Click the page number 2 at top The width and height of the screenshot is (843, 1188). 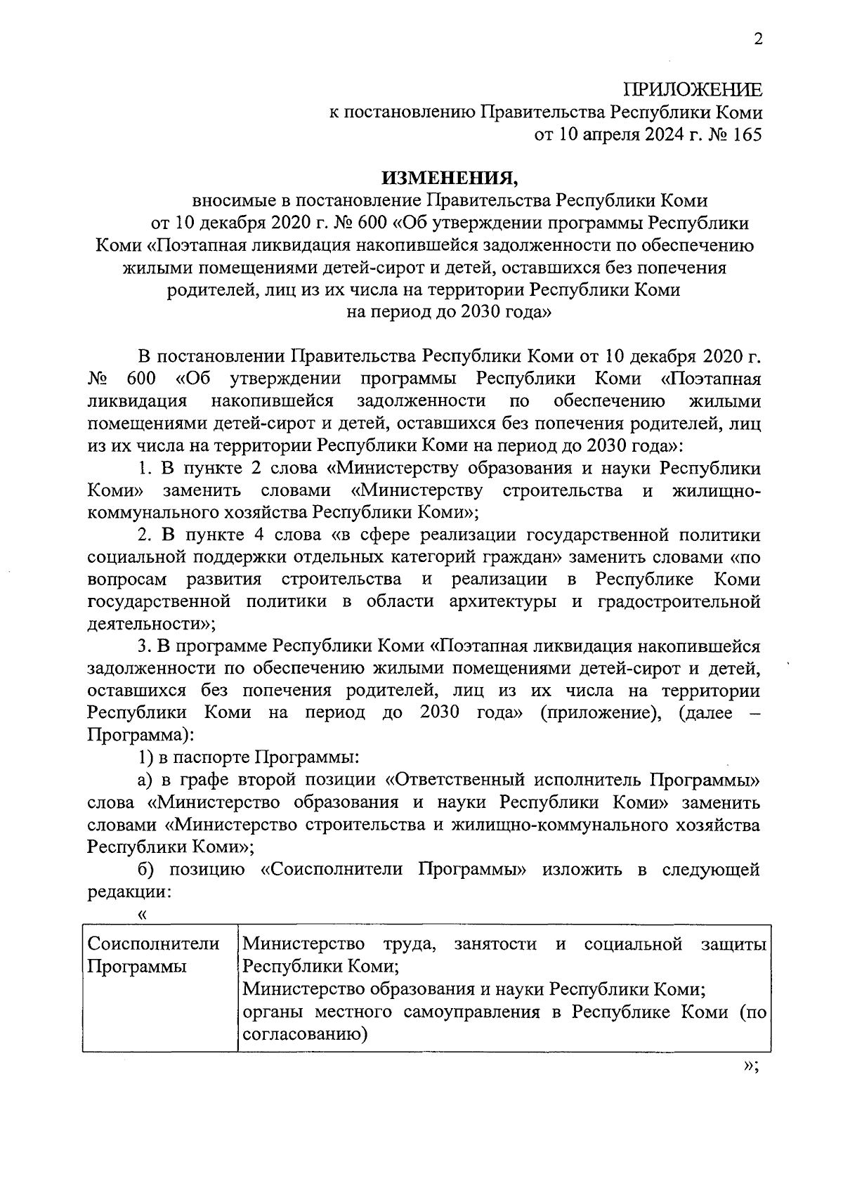click(x=757, y=39)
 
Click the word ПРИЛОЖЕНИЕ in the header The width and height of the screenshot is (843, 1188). click(x=693, y=90)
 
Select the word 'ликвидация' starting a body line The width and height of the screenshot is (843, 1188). click(x=137, y=401)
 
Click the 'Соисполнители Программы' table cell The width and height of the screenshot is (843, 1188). click(x=152, y=955)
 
